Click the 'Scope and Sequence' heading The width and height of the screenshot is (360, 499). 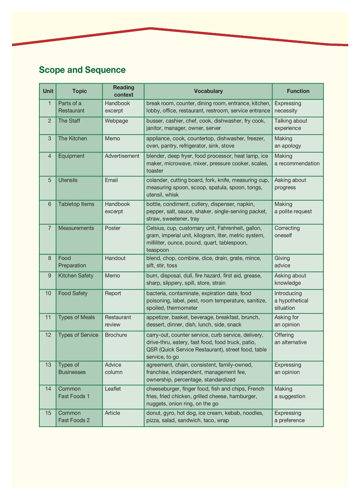[82, 70]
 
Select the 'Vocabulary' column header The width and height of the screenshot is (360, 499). [208, 91]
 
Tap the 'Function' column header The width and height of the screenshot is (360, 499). [298, 91]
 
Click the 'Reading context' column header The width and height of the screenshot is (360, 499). [123, 91]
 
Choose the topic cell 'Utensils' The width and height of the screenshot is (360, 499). [68, 180]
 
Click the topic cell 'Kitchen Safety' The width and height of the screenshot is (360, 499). [76, 276]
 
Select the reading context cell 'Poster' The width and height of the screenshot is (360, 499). [112, 228]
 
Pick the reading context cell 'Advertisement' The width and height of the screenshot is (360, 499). [122, 156]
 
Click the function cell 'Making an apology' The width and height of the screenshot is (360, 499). [288, 142]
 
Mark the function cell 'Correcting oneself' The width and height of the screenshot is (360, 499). [287, 232]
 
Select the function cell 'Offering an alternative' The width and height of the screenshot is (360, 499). [291, 339]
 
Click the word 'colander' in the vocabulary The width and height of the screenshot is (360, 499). [157, 180]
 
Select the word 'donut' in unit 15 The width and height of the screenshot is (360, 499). [154, 413]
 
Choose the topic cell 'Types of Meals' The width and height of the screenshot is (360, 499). [76, 317]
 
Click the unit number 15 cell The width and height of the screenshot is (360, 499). [48, 413]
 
